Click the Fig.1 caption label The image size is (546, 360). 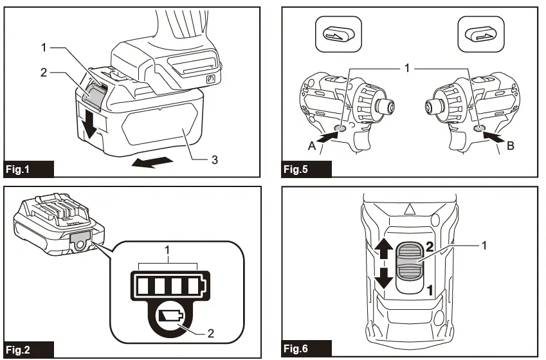21,170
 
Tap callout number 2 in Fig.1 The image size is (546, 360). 44,73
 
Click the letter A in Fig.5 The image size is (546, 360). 311,145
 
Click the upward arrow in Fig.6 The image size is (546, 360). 385,248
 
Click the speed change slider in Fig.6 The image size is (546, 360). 410,262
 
